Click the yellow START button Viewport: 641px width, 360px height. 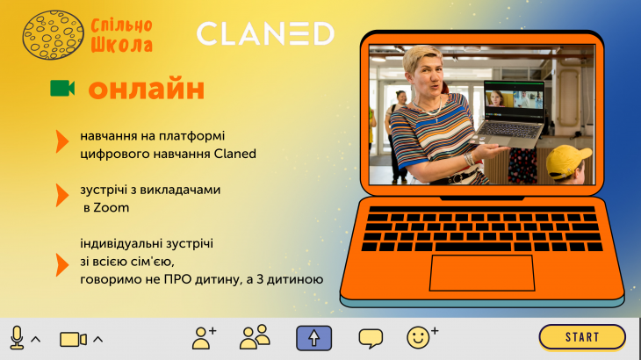[x=582, y=337]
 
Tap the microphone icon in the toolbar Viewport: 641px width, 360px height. [x=17, y=337]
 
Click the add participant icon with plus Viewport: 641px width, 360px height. [x=205, y=337]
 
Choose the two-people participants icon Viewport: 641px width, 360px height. [x=255, y=337]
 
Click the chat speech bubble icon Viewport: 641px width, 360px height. [x=371, y=338]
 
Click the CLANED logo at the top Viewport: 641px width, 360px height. [x=265, y=34]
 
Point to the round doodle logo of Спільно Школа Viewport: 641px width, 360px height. [x=54, y=36]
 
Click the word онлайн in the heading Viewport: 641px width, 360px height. [x=147, y=89]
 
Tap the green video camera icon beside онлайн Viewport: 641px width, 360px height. [x=62, y=89]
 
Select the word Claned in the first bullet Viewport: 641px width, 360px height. [x=235, y=153]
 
